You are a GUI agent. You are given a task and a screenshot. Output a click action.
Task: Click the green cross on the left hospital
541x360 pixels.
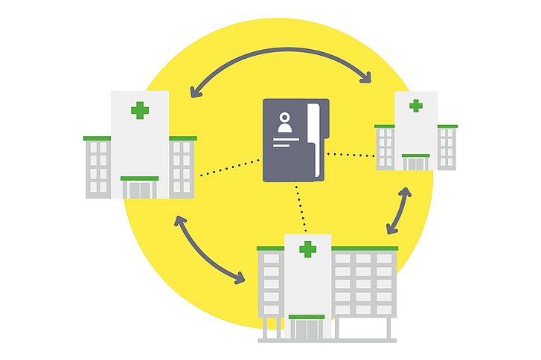click(139, 111)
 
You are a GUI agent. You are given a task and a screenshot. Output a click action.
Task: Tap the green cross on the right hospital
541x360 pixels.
click(416, 106)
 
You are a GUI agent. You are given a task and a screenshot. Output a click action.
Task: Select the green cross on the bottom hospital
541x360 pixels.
click(307, 249)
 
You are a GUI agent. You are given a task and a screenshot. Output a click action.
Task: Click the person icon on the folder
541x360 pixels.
click(284, 124)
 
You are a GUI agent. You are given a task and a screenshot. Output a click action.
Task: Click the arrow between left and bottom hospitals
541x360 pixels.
click(209, 251)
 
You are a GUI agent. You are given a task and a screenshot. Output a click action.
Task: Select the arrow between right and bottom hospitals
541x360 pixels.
click(399, 211)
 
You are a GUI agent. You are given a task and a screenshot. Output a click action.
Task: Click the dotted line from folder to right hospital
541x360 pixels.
click(351, 155)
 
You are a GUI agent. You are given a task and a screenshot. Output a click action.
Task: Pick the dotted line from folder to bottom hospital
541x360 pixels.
click(301, 207)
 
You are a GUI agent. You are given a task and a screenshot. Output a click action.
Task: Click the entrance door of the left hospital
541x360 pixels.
click(139, 190)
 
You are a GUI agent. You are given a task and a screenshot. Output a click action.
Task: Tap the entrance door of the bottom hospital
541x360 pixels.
click(307, 330)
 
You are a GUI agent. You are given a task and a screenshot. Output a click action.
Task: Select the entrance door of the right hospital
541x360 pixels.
click(416, 163)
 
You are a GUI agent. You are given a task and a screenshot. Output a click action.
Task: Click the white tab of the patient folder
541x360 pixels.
click(316, 141)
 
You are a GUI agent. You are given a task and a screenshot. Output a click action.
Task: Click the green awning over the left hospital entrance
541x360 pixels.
click(139, 179)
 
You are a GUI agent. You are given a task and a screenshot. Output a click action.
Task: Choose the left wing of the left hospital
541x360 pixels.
click(98, 168)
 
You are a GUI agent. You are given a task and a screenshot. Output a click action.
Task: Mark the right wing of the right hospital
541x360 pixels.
click(446, 147)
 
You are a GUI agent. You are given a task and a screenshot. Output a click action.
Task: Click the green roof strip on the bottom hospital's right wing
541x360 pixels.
click(365, 248)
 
